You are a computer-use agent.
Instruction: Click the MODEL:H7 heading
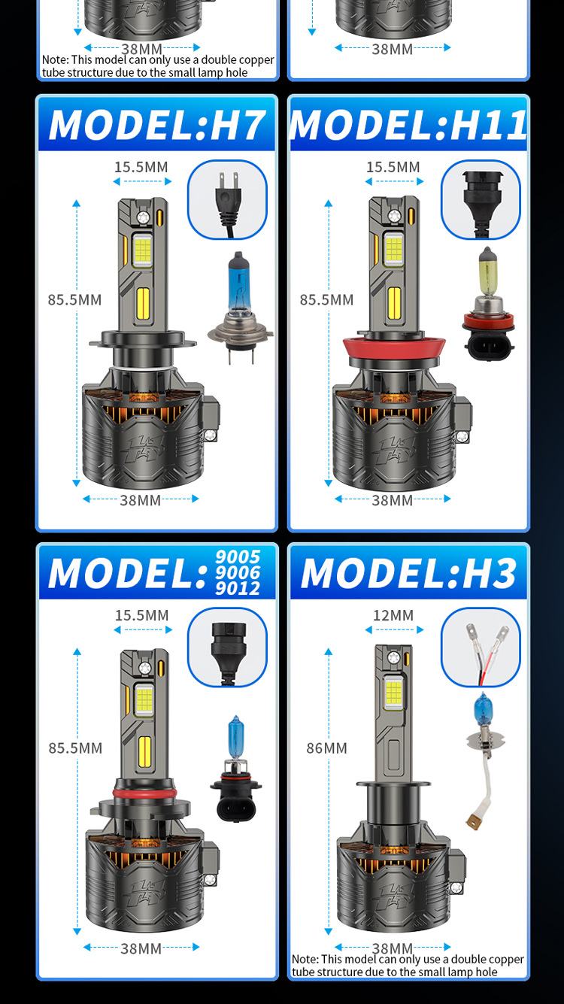[x=156, y=125]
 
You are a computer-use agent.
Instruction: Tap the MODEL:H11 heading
[x=408, y=125]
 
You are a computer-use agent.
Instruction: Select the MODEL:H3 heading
[x=408, y=573]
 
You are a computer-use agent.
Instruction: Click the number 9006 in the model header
[x=238, y=572]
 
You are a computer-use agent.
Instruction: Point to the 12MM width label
[x=393, y=615]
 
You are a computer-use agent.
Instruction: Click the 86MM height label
[x=327, y=748]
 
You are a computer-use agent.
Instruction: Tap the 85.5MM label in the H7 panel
[x=75, y=300]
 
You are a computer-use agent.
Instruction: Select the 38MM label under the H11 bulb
[x=393, y=500]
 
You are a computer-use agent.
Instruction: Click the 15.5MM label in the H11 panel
[x=393, y=167]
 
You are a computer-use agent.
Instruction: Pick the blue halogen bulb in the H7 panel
[x=240, y=307]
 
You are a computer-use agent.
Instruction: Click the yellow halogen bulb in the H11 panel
[x=488, y=304]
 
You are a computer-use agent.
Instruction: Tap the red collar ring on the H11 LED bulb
[x=394, y=347]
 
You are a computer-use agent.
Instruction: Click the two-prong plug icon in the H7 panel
[x=228, y=200]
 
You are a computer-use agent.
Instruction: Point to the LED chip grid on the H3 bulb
[x=393, y=693]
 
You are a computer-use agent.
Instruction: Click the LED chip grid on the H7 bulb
[x=143, y=250]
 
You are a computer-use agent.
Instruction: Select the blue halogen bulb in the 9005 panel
[x=236, y=769]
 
